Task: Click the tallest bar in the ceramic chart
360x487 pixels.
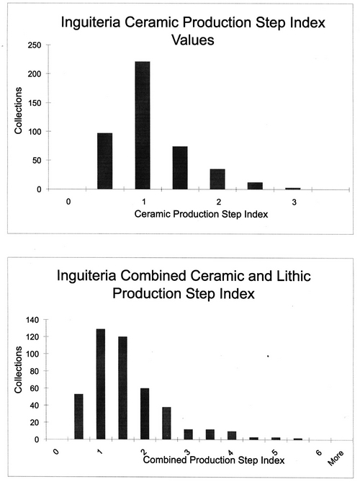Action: [143, 125]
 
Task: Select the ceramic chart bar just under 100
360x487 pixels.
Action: [105, 161]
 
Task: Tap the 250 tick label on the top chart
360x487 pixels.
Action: [35, 45]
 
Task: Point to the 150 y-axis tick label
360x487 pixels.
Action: [35, 103]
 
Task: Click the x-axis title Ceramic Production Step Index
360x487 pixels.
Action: [201, 214]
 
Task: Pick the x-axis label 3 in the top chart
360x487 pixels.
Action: [294, 202]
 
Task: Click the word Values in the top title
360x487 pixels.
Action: [193, 40]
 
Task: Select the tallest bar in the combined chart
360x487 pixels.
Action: [101, 384]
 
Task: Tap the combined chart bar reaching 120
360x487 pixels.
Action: [122, 388]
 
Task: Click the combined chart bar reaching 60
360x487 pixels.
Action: [145, 414]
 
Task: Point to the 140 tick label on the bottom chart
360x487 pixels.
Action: [32, 320]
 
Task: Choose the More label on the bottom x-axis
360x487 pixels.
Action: [336, 458]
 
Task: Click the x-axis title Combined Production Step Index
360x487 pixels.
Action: [214, 460]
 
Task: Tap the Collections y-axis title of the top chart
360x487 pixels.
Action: [18, 110]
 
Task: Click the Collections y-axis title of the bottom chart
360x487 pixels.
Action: [18, 370]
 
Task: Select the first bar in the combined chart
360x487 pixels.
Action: [78, 416]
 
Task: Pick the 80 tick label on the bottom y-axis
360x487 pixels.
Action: [35, 371]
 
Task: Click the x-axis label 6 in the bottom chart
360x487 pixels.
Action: [319, 452]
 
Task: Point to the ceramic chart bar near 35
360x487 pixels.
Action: [217, 179]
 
